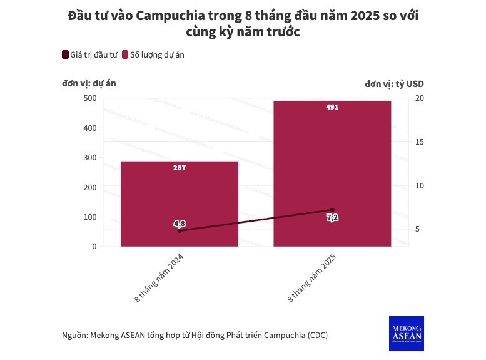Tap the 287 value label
(x=180, y=168)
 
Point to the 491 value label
(x=332, y=107)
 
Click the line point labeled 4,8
(x=180, y=230)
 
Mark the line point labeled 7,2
(x=332, y=210)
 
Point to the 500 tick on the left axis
(x=90, y=98)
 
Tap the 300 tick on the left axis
(x=90, y=158)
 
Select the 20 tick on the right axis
(x=420, y=98)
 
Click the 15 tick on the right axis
(x=420, y=142)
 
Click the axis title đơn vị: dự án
(x=89, y=83)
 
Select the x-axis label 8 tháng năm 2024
(x=160, y=279)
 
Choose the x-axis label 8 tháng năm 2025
(x=313, y=279)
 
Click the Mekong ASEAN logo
(x=406, y=333)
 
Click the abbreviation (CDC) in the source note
(x=316, y=335)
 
